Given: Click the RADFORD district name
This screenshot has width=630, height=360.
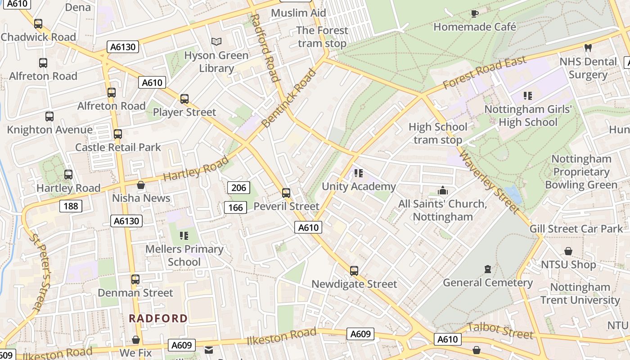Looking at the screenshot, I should (x=158, y=318).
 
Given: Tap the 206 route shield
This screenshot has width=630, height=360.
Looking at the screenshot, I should (x=238, y=188).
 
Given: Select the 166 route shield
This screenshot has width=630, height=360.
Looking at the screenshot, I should (x=235, y=207).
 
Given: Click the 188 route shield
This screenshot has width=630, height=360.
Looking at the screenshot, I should (x=71, y=206).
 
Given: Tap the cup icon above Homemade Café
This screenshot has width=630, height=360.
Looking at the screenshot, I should (x=474, y=13).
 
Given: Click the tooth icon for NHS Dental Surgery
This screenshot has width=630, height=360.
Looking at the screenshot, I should (x=588, y=48).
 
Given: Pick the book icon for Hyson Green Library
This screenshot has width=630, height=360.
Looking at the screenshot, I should (x=216, y=41).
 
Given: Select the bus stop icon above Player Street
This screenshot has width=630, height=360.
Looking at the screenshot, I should (x=184, y=99).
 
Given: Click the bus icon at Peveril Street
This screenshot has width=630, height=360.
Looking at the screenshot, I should (x=286, y=193).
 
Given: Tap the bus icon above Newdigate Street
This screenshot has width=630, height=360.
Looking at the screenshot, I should (x=354, y=270).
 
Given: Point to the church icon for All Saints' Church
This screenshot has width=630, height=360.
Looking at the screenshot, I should (x=443, y=191).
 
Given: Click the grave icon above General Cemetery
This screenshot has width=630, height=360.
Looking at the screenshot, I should (x=487, y=269).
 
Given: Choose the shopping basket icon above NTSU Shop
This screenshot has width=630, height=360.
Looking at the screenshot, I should (x=568, y=251).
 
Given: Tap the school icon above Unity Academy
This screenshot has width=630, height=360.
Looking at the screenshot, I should (x=358, y=173).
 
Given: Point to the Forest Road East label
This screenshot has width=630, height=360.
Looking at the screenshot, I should (x=484, y=73).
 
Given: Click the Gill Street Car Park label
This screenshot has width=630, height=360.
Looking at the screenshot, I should (x=576, y=229).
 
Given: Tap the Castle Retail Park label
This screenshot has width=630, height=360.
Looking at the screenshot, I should (x=118, y=147).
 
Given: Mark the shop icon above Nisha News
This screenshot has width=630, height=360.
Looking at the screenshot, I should (x=141, y=185).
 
